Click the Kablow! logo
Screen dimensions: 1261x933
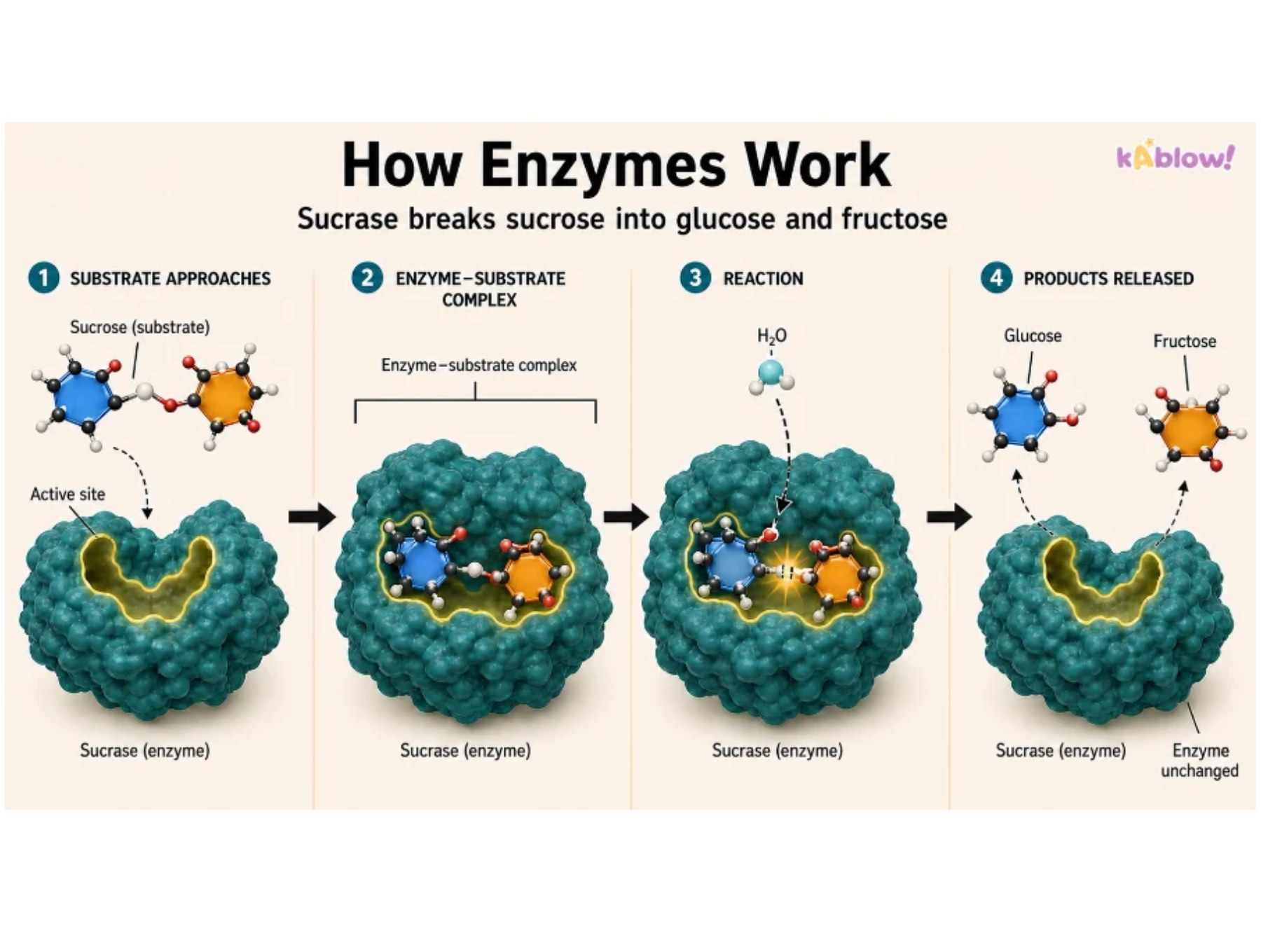(1175, 156)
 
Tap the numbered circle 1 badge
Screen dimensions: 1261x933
(44, 278)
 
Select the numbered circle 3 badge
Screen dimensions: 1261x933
(695, 278)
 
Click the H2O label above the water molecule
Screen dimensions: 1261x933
(771, 337)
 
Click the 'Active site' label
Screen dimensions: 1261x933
(67, 495)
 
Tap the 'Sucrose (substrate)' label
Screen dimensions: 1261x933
(139, 327)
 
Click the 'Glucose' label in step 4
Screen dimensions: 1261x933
(1033, 336)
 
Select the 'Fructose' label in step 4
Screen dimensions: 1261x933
(1185, 341)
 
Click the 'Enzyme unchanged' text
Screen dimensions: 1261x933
(1199, 761)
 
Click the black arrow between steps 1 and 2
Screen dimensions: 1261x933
(312, 517)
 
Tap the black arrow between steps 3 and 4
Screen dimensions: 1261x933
(949, 517)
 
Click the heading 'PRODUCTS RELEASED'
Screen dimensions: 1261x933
(1108, 279)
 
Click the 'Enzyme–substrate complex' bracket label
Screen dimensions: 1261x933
(478, 365)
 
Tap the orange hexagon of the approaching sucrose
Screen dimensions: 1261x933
(226, 396)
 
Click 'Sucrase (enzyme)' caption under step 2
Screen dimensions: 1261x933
(465, 750)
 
